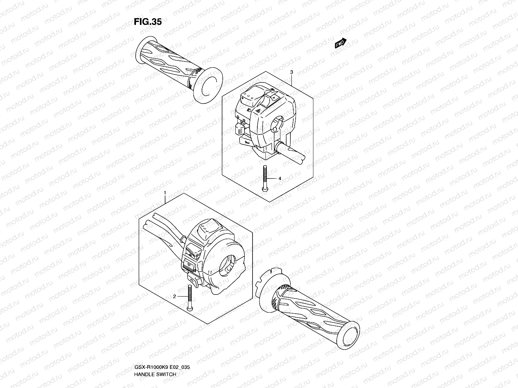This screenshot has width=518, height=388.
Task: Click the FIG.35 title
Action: coord(148,22)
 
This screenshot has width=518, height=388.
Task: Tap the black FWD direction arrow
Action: coord(341,43)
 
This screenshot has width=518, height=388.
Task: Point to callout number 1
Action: coord(165,193)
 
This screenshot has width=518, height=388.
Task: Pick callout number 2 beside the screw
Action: coord(174,296)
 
